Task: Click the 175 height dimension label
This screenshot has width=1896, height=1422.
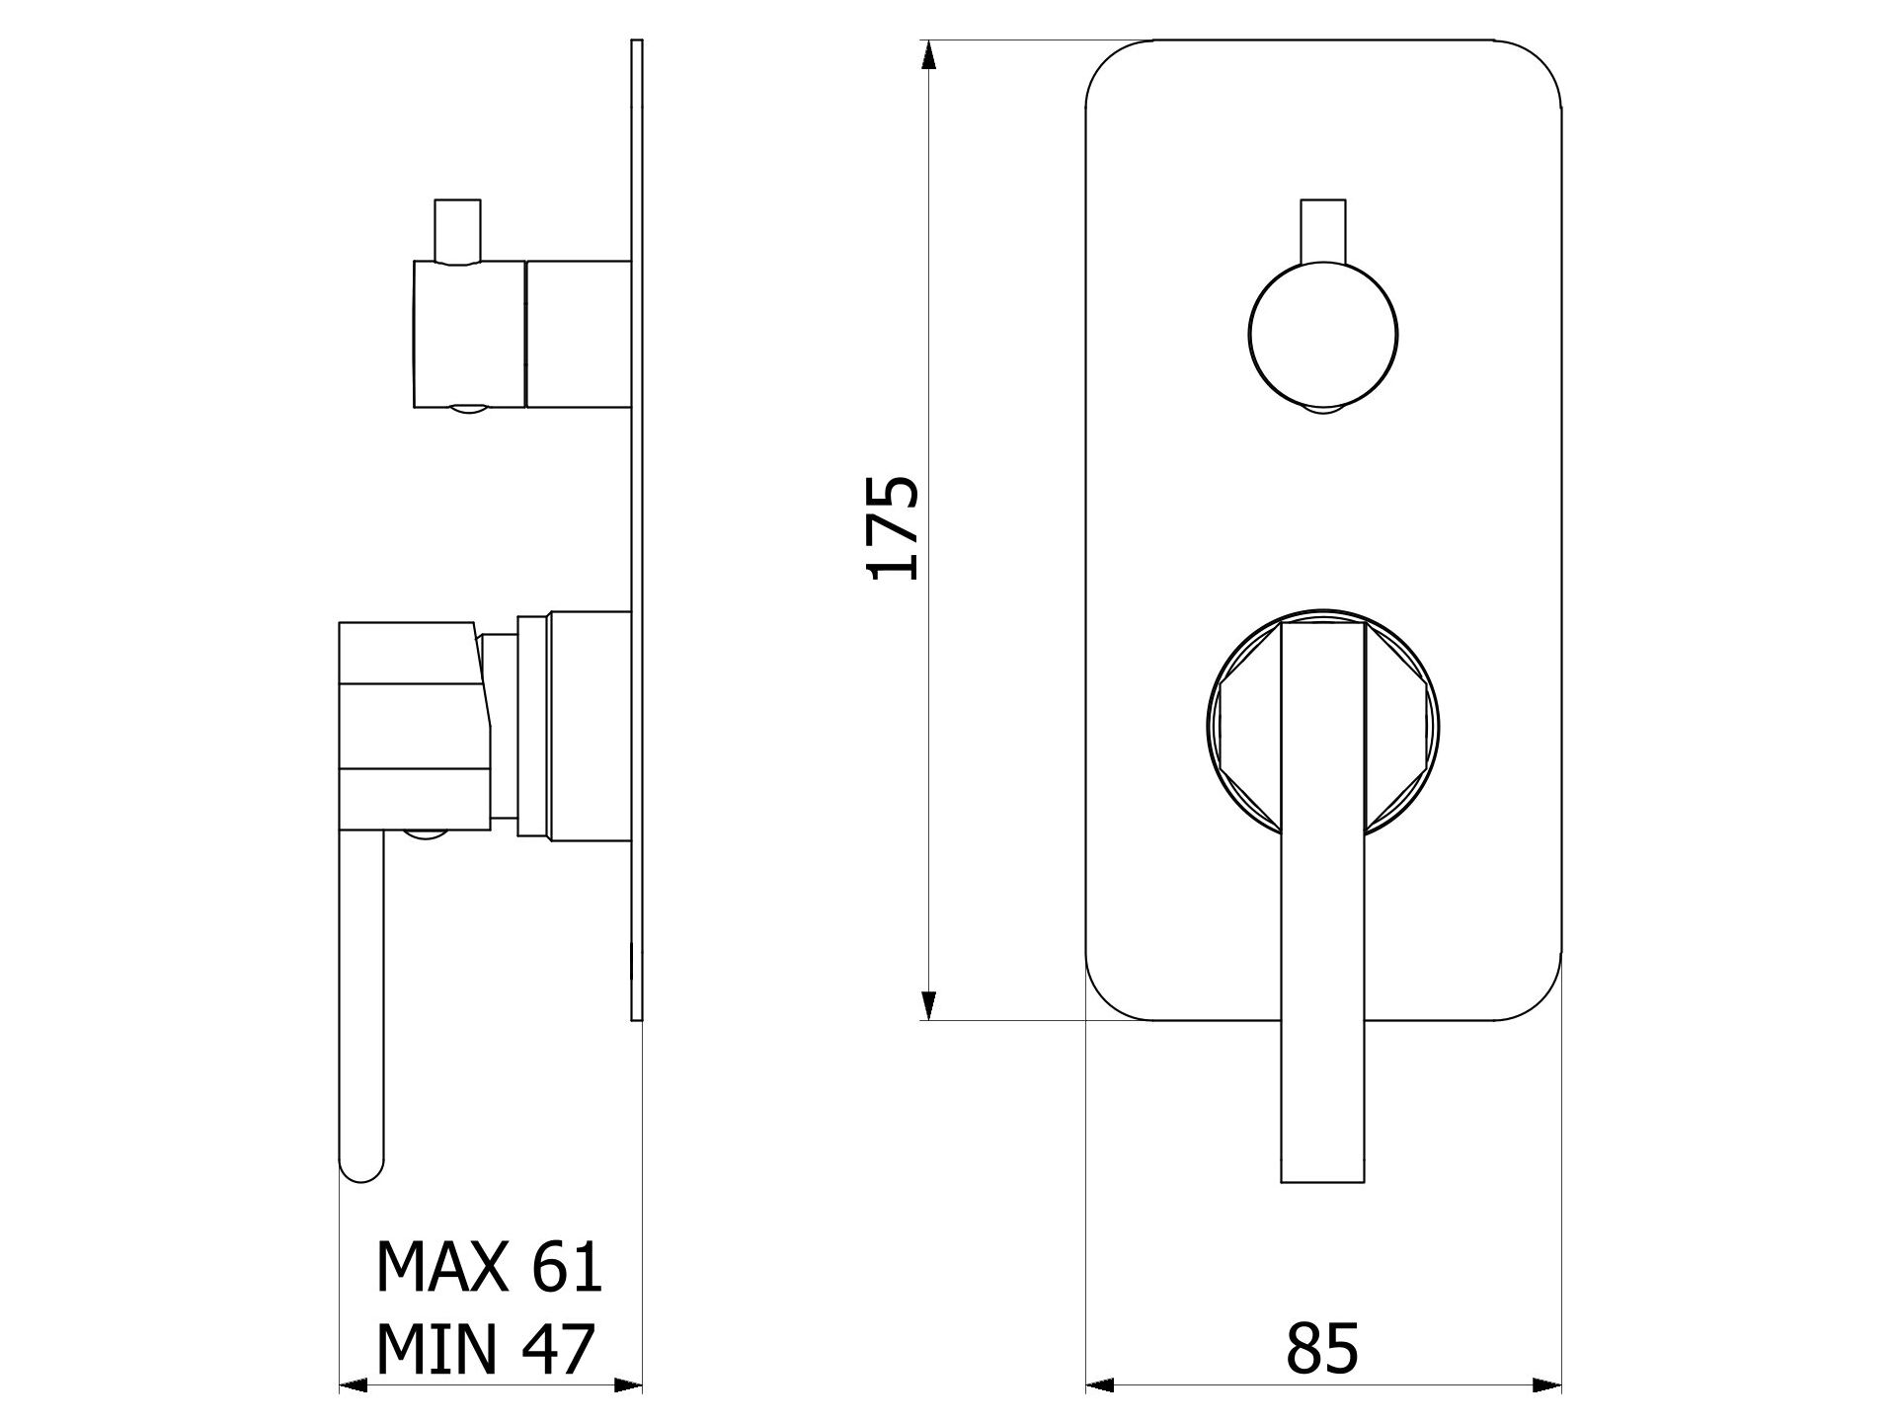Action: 894,527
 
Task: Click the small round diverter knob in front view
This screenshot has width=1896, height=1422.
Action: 1323,333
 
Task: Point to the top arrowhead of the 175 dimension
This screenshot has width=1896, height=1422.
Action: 927,54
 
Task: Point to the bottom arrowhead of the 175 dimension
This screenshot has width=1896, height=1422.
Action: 927,1005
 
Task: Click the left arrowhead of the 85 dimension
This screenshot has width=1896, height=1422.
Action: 1100,1386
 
